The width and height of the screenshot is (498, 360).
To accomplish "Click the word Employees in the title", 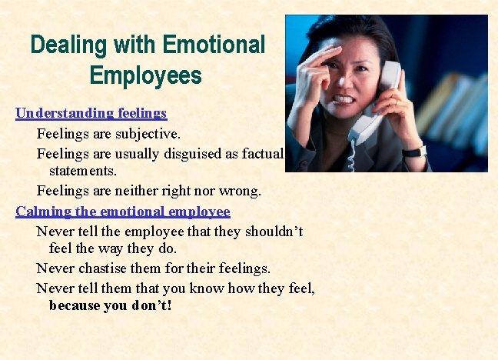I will (x=145, y=75).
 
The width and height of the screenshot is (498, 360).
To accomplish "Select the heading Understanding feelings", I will (x=91, y=113).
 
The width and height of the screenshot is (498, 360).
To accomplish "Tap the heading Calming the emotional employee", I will (x=123, y=212).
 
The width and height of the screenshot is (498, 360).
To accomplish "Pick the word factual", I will (x=263, y=153).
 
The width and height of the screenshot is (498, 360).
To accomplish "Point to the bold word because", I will (x=78, y=305).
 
